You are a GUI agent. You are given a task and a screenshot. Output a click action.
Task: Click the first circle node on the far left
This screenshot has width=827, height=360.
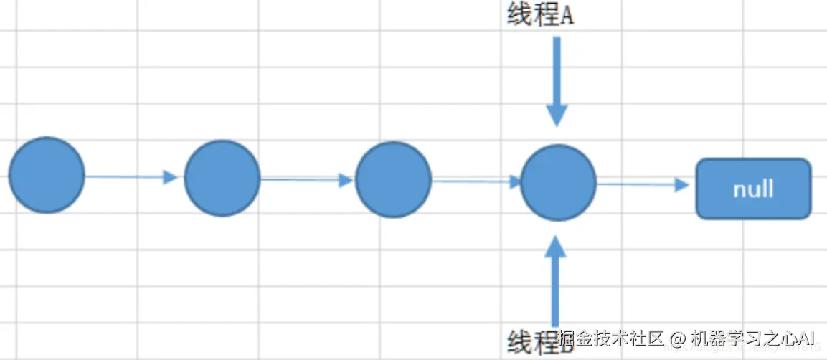(x=47, y=175)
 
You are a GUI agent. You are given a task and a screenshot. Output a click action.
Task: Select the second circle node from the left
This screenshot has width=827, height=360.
(x=222, y=178)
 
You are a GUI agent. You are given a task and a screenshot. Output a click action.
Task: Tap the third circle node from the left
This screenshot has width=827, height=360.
(x=393, y=179)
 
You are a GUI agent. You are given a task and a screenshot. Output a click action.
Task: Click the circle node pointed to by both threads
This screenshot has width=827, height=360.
(x=558, y=182)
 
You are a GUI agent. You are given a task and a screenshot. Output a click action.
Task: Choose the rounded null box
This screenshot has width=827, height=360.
(x=753, y=189)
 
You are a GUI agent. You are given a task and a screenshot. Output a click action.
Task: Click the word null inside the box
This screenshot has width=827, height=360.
(x=753, y=189)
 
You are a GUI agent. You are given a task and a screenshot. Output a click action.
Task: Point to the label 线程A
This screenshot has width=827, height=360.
(x=540, y=16)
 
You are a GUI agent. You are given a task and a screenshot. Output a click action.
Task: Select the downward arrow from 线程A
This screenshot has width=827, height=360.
(x=557, y=79)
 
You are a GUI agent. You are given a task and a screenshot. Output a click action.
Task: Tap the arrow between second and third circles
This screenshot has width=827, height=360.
(x=307, y=179)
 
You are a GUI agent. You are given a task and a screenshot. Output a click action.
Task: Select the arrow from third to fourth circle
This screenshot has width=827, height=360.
(x=476, y=181)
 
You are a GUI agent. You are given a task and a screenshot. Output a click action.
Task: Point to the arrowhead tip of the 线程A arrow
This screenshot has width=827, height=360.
(x=557, y=125)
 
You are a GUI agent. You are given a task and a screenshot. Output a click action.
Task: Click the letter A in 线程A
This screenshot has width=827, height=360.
(x=566, y=16)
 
